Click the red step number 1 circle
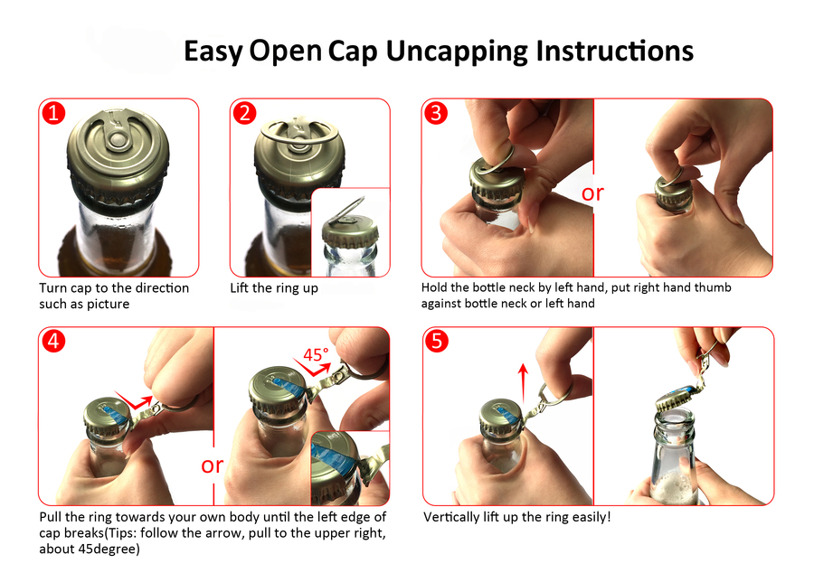(53, 113)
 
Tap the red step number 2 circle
(244, 113)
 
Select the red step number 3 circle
(436, 113)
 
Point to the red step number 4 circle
(53, 342)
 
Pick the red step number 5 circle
(437, 342)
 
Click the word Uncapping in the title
(457, 52)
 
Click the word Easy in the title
(213, 52)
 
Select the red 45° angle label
(316, 354)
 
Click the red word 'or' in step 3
(592, 193)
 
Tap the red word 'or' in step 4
(212, 465)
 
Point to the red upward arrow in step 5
(524, 383)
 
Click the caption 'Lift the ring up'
(274, 287)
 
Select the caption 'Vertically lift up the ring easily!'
(517, 517)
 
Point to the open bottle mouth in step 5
(675, 419)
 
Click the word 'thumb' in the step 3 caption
(713, 287)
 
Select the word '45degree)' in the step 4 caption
(109, 549)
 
